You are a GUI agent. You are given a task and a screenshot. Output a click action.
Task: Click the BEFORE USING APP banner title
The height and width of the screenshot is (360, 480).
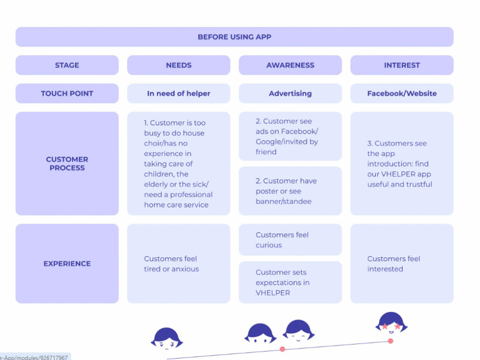pyautogui.click(x=235, y=37)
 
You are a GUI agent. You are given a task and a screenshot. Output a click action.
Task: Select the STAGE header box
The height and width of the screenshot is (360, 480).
pyautogui.click(x=67, y=65)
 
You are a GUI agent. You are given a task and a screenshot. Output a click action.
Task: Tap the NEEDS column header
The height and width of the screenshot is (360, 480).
pyautogui.click(x=179, y=65)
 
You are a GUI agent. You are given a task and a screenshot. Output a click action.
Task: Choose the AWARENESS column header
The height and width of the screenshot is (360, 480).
pyautogui.click(x=290, y=65)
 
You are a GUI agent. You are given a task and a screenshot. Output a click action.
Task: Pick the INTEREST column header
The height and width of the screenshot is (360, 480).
pyautogui.click(x=402, y=65)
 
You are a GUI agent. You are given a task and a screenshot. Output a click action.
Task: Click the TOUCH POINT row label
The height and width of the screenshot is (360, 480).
pyautogui.click(x=67, y=94)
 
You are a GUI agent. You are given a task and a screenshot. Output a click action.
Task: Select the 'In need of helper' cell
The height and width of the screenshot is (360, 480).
pyautogui.click(x=179, y=94)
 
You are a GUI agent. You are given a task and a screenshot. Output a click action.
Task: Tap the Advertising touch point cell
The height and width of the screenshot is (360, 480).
pyautogui.click(x=290, y=94)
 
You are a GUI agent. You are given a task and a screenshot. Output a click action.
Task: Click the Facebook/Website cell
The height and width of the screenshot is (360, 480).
pyautogui.click(x=402, y=94)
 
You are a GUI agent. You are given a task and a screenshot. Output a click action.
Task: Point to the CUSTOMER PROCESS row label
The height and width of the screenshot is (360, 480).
pyautogui.click(x=67, y=164)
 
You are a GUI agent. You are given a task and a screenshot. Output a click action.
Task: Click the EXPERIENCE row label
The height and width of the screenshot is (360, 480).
pyautogui.click(x=67, y=264)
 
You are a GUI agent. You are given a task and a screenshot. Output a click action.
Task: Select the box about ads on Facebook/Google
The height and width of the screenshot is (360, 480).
pyautogui.click(x=290, y=136)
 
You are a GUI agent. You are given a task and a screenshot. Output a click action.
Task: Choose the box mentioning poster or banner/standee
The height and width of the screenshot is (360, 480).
pyautogui.click(x=290, y=191)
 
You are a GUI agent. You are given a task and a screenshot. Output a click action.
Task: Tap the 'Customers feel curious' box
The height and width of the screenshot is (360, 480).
pyautogui.click(x=290, y=240)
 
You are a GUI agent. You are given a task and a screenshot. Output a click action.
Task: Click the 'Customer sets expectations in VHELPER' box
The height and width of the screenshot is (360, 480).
pyautogui.click(x=290, y=282)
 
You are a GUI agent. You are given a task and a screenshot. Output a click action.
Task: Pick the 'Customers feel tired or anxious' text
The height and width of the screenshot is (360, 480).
pyautogui.click(x=171, y=264)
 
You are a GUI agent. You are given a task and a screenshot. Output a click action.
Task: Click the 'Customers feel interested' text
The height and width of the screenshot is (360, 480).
pyautogui.click(x=394, y=264)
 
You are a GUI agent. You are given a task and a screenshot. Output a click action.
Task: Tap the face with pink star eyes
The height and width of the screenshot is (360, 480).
pyautogui.click(x=391, y=323)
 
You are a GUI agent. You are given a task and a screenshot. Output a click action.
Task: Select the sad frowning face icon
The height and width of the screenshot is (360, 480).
pyautogui.click(x=167, y=339)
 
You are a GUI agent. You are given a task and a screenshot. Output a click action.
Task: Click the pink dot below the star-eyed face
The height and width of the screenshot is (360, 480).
pyautogui.click(x=391, y=341)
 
